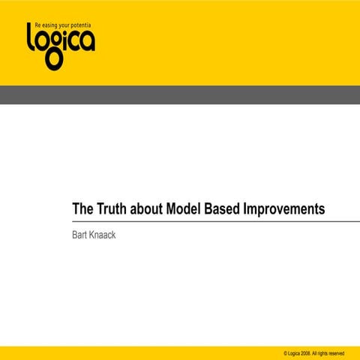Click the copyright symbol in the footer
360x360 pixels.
point(286,352)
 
